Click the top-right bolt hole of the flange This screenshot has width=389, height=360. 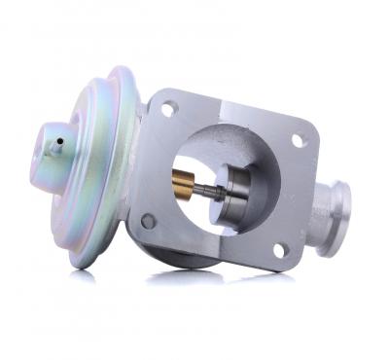pos(299,141)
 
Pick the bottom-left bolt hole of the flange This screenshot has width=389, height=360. pos(148,221)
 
